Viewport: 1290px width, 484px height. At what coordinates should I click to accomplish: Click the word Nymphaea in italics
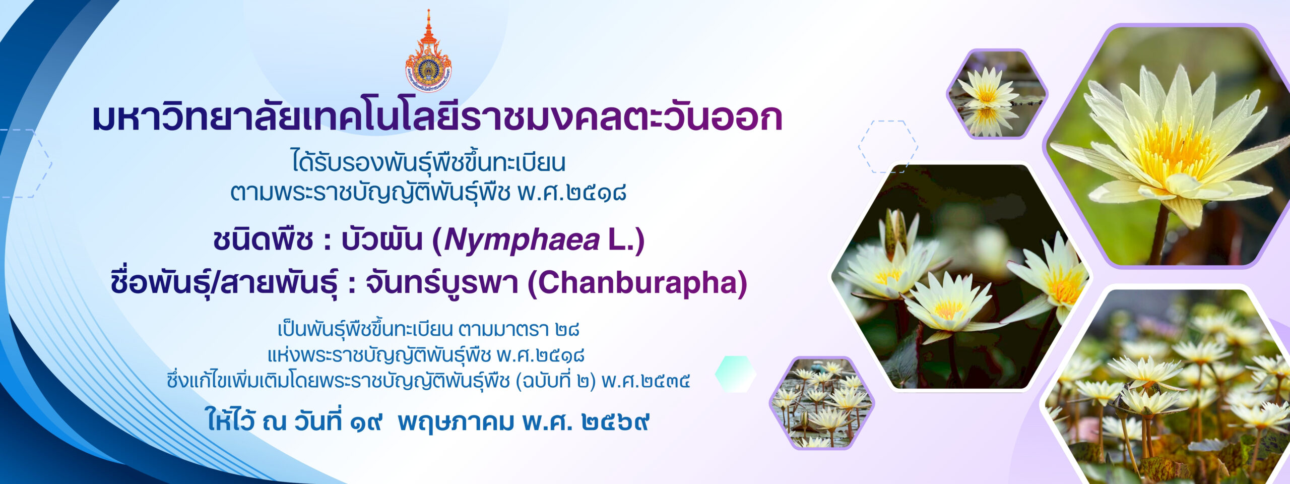tap(522, 240)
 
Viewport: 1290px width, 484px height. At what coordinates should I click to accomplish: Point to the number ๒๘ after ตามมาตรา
tap(567, 330)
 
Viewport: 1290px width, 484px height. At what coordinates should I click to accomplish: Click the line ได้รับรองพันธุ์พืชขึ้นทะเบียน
tap(429, 162)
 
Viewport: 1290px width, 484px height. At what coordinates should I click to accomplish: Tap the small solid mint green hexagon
tap(736, 374)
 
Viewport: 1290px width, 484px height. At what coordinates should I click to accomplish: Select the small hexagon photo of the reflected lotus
tap(997, 94)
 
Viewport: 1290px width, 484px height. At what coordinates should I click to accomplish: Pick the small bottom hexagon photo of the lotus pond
tap(822, 403)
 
